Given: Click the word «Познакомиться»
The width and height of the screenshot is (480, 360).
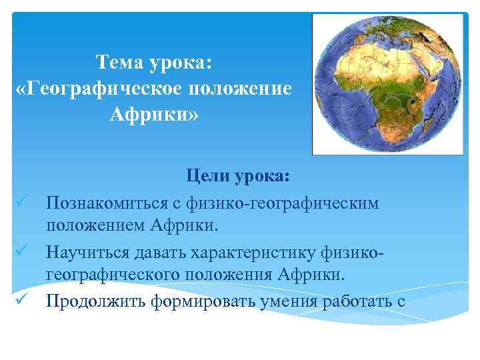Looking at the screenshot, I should click(x=105, y=202).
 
